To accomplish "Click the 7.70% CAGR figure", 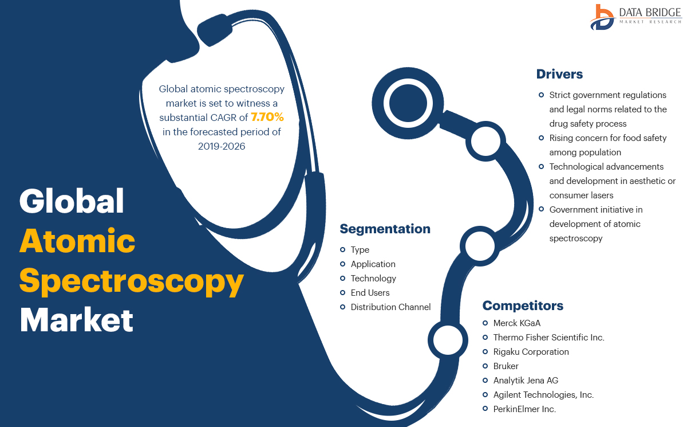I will (x=267, y=118).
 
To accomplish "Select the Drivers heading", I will (x=559, y=74).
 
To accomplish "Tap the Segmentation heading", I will (x=385, y=229).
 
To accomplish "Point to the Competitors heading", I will (x=523, y=305).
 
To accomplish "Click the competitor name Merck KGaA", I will (x=516, y=323).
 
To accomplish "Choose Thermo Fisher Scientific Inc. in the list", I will (x=548, y=338).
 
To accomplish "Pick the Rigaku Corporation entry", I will (x=531, y=352).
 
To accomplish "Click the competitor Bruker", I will (x=506, y=366).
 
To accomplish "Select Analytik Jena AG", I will (x=526, y=381).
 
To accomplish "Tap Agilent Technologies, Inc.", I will (x=543, y=395).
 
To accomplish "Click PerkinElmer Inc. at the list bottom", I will (x=524, y=409).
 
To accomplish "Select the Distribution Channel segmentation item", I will (x=390, y=307).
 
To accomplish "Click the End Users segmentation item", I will (x=370, y=293).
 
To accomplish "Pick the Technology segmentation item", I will (x=373, y=279).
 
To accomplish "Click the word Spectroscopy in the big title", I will (x=132, y=283).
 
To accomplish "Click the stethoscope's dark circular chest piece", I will (x=408, y=104).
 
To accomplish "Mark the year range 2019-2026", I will (x=222, y=147).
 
